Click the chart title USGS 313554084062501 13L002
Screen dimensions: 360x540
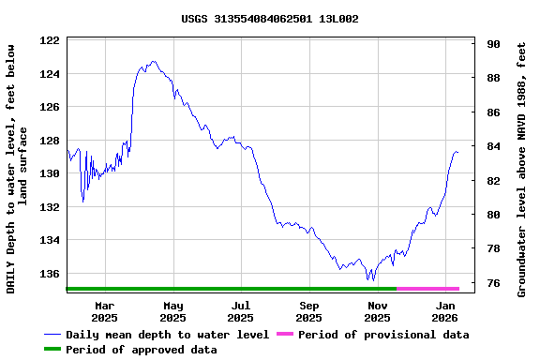click(270, 19)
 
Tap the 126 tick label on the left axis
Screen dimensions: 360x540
click(51, 107)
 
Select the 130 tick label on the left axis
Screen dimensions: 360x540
click(51, 173)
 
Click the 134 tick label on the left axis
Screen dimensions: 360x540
click(51, 240)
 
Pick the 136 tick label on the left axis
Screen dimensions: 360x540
click(51, 274)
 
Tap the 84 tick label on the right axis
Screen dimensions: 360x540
click(493, 146)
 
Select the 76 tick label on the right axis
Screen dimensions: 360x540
click(493, 282)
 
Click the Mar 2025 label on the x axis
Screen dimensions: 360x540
click(105, 311)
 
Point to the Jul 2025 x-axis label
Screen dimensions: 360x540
click(241, 311)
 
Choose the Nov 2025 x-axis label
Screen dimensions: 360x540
click(378, 311)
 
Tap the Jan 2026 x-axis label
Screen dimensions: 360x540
click(446, 311)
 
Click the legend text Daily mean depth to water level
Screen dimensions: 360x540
click(167, 335)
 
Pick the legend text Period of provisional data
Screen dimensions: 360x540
click(383, 335)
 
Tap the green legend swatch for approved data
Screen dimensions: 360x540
click(52, 350)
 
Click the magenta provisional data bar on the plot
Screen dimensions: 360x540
click(427, 289)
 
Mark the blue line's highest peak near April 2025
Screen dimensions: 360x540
click(153, 62)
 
